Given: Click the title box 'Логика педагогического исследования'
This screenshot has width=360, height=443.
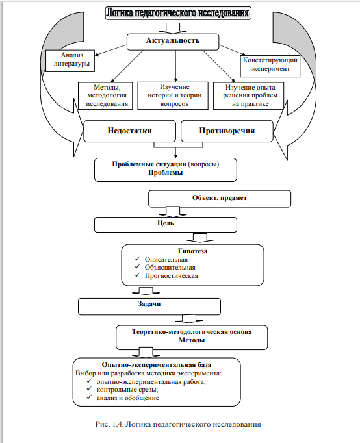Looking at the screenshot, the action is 178,13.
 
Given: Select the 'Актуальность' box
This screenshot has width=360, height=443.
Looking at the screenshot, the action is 173,42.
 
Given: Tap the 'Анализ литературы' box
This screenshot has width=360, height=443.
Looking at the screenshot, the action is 70,61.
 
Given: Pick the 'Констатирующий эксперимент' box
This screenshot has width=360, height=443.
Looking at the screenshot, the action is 270,66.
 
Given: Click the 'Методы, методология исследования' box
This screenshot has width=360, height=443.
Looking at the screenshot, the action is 105,95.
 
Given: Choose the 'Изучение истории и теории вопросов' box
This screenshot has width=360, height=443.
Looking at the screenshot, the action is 173,95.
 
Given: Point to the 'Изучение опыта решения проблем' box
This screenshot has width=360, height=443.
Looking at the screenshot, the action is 249,95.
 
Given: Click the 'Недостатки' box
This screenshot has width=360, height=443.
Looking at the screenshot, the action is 130,131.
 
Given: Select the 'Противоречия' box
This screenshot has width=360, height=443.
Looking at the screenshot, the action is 227,131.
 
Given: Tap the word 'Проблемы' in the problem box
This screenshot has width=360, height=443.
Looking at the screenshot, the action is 165,172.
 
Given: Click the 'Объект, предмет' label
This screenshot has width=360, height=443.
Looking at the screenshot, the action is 220,197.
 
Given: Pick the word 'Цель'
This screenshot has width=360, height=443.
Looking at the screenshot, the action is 166,223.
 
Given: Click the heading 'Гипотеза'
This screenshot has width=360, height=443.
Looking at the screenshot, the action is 193,251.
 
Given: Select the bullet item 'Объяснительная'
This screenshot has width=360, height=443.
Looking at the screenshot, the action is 170,267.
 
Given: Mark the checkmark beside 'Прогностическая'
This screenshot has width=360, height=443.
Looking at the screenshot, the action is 138,275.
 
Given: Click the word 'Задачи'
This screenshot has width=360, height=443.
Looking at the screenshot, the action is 149,304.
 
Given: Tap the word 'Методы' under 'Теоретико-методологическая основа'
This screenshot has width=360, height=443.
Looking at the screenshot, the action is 192,340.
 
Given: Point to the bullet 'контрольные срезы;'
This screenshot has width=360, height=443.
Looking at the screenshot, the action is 127,390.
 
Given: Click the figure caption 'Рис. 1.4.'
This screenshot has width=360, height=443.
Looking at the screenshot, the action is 109,424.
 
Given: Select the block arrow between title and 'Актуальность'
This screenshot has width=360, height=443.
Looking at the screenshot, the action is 173,28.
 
